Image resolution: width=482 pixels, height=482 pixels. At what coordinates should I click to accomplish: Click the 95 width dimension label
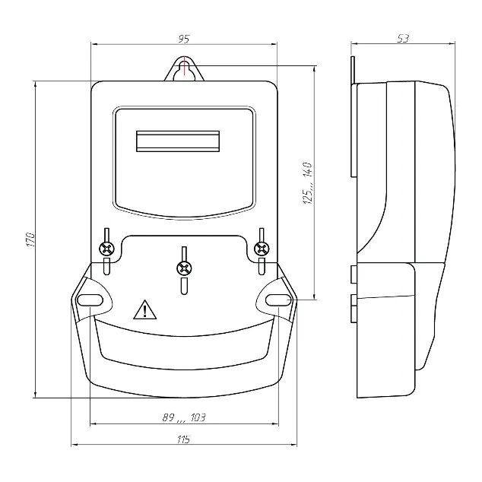[184, 39]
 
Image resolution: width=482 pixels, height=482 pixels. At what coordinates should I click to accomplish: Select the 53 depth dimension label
[403, 39]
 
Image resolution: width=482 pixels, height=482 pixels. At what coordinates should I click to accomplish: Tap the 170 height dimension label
[30, 239]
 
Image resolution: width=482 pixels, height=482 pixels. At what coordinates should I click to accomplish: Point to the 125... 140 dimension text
[308, 183]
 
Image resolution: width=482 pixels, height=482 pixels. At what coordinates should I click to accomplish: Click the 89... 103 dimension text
[184, 417]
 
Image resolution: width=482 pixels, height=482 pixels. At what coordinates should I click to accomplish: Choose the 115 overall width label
[183, 439]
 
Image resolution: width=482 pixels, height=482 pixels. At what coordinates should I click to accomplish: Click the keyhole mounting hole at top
[185, 71]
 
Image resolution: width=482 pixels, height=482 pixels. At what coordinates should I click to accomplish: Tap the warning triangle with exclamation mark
[144, 309]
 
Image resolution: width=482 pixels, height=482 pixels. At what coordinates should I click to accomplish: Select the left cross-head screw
[106, 249]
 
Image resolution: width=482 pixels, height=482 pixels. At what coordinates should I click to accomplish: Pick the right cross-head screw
[262, 249]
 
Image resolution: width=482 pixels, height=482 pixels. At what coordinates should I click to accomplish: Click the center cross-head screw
[184, 268]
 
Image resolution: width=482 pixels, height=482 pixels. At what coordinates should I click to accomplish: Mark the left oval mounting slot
[90, 300]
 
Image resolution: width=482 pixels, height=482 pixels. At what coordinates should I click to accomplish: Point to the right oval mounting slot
[278, 300]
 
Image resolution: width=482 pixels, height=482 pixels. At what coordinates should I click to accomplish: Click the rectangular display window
[178, 141]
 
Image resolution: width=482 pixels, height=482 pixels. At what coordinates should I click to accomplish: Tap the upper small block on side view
[354, 274]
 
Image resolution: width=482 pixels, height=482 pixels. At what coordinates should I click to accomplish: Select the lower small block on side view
[354, 309]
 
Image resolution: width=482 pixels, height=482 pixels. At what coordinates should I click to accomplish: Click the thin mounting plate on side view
[354, 117]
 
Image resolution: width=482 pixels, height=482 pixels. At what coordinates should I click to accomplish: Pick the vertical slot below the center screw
[184, 286]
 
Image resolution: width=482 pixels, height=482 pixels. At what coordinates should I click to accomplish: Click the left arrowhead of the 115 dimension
[75, 445]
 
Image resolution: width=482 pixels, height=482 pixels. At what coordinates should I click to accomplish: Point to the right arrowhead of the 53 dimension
[452, 43]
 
